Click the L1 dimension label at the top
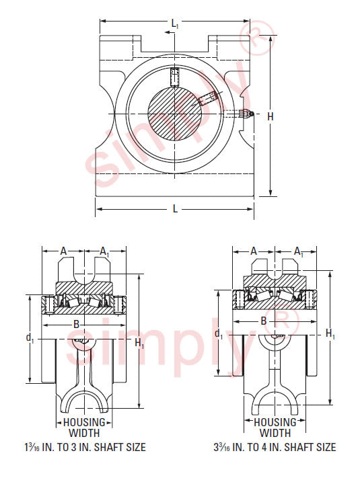tap(175, 24)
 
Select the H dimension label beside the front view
tap(271, 116)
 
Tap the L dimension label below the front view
tap(175, 209)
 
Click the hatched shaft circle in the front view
tap(174, 114)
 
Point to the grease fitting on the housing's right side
tap(246, 114)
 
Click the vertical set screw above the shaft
tap(175, 77)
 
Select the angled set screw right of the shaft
tap(208, 98)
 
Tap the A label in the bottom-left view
tap(63, 251)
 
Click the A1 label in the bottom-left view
tap(104, 252)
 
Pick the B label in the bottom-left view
tap(76, 325)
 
